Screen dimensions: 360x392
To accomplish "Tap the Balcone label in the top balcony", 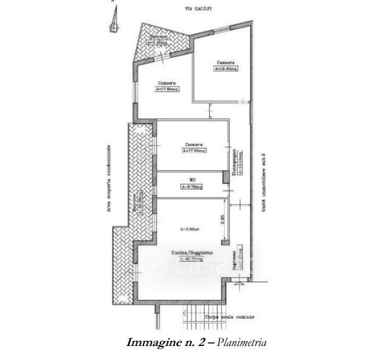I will pos(159,37).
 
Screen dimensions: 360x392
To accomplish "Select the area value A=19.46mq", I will pos(225,69).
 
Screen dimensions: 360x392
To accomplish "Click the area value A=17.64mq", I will pos(167,89).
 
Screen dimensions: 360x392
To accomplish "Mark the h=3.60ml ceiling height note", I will pos(191,229).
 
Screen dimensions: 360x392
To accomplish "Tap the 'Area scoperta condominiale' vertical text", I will pos(108,178).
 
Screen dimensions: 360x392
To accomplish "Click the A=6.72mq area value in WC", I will pos(191,187).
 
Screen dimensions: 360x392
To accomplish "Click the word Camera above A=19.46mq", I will pos(225,63).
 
